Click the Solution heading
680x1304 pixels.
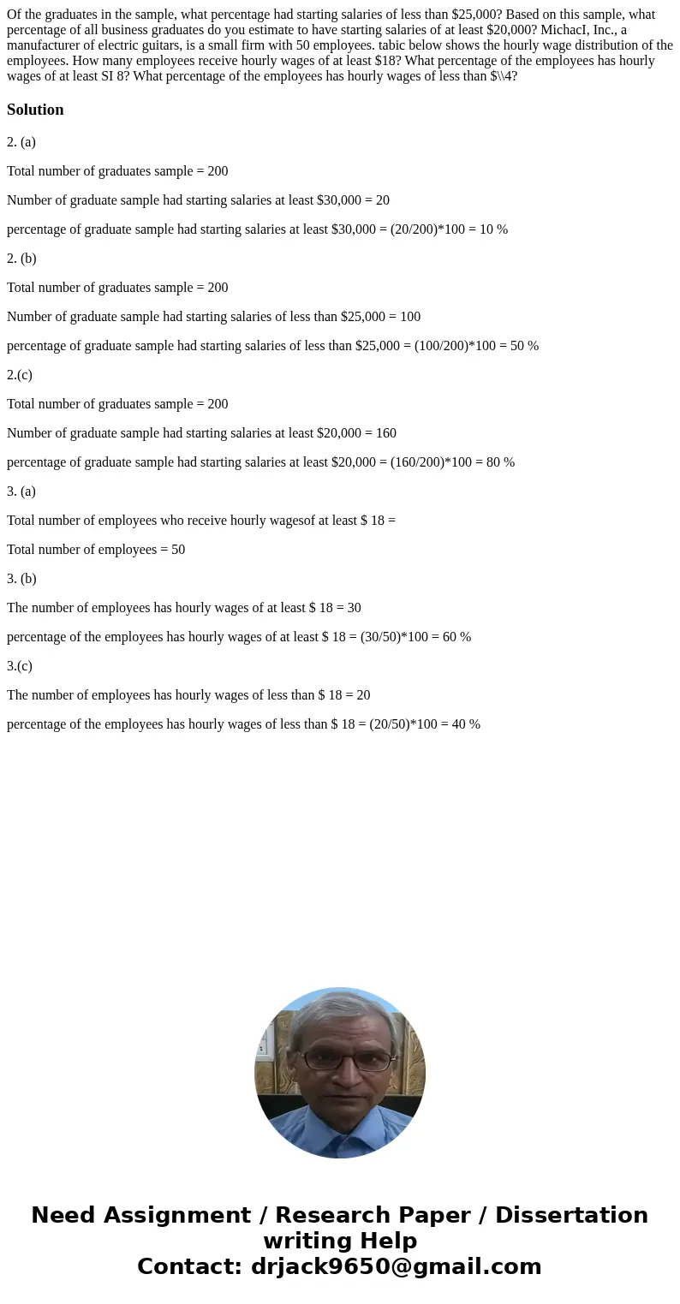[x=35, y=110]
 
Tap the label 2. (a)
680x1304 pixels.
[x=21, y=142]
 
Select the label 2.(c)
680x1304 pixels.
[x=20, y=375]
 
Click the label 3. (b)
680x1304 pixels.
[x=21, y=579]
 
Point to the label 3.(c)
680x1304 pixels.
[x=20, y=666]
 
